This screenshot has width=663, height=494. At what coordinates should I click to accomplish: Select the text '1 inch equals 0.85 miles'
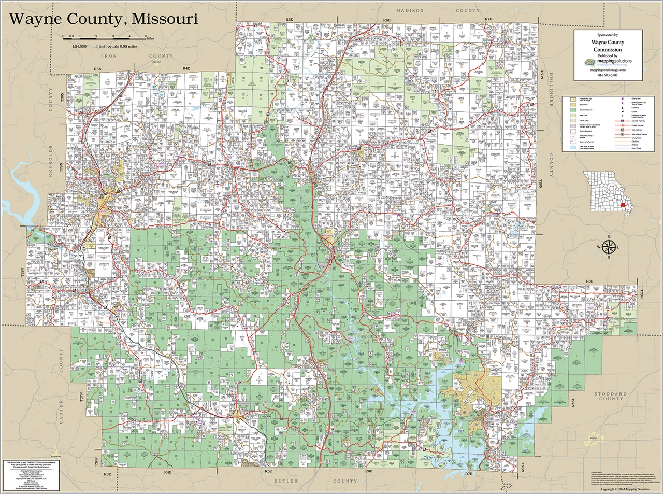click(118, 47)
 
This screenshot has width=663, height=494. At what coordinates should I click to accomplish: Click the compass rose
click(609, 247)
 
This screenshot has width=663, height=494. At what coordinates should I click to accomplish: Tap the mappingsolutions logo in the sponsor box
click(608, 61)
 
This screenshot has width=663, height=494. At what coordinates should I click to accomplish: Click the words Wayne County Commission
click(608, 46)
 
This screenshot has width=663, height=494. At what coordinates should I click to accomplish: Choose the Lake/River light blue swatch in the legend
click(573, 148)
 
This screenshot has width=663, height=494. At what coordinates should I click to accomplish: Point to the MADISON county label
click(410, 11)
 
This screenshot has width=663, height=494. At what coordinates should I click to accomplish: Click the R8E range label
click(589, 281)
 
